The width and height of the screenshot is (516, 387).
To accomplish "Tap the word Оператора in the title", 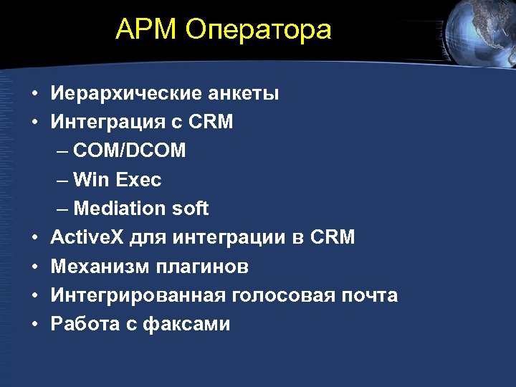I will tap(258, 30).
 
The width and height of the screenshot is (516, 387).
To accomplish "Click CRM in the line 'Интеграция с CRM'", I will tap(211, 123).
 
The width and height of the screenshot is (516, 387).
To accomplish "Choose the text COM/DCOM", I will tap(130, 151).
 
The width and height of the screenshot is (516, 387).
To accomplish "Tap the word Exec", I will tap(138, 180).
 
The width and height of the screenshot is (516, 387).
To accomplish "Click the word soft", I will tap(190, 209).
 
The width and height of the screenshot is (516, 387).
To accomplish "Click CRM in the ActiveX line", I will tap(333, 237).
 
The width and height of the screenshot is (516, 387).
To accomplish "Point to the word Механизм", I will tap(97, 267).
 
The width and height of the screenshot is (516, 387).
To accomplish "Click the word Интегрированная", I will tap(138, 295).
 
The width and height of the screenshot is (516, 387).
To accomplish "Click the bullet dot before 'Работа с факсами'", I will tap(34, 325).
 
